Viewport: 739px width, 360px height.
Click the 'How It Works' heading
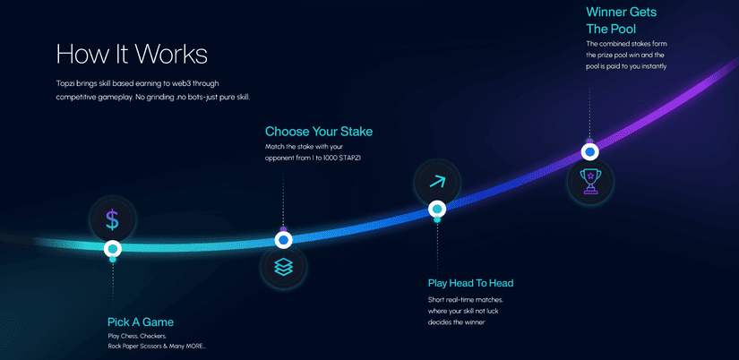[x=132, y=55]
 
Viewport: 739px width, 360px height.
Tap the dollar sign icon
[x=112, y=219]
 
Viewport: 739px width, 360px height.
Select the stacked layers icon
[x=283, y=267]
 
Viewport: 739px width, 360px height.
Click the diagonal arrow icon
[x=437, y=183]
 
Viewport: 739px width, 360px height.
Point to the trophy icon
[x=589, y=182]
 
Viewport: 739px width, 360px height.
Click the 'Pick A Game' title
[x=141, y=322]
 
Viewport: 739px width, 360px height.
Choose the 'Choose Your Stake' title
[x=319, y=132]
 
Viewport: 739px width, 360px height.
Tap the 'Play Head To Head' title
[x=470, y=283]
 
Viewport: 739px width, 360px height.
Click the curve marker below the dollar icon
[x=113, y=248]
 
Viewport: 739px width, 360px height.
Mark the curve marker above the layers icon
[x=283, y=240]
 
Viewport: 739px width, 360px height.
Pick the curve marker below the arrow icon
[x=437, y=209]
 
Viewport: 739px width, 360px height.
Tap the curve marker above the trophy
[x=589, y=152]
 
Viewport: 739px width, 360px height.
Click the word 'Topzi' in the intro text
[x=64, y=84]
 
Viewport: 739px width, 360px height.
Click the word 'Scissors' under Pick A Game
[x=150, y=346]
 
